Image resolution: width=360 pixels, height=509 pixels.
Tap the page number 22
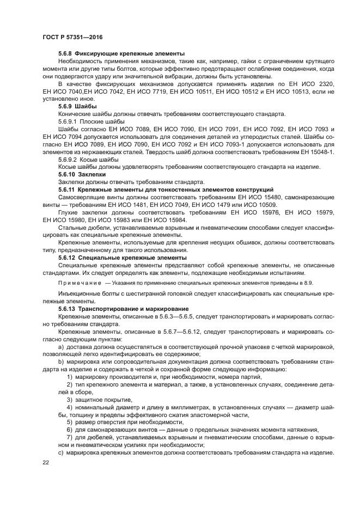46,462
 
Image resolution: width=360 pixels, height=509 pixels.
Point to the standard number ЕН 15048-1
317,153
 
